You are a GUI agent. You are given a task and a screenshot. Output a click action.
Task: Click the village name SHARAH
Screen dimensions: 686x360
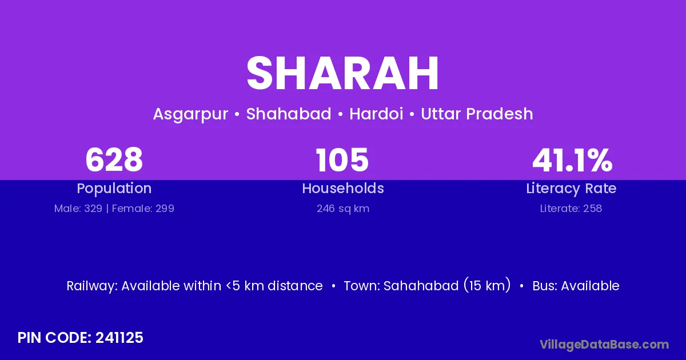pos(342,73)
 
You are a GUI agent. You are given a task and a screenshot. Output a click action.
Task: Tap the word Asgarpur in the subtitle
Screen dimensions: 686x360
pos(190,114)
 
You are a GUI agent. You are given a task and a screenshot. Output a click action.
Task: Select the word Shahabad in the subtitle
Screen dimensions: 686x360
pos(289,114)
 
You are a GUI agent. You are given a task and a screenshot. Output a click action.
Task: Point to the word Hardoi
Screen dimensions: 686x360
pos(376,114)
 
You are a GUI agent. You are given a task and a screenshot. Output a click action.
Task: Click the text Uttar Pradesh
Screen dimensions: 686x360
pos(477,114)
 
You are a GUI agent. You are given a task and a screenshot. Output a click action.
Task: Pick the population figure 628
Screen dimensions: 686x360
pos(114,160)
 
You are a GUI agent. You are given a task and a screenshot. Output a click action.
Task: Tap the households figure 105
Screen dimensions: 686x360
pos(342,160)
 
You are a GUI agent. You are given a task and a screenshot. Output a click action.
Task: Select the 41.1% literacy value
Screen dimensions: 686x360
pos(572,160)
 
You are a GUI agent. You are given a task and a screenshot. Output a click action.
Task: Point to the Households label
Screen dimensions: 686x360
pos(343,188)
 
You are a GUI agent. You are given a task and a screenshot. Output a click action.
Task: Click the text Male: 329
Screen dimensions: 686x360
pos(78,209)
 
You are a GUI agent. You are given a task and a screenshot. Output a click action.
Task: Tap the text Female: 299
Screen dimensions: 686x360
pos(143,209)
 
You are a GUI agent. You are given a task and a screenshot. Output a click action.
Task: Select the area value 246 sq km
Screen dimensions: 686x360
pos(343,209)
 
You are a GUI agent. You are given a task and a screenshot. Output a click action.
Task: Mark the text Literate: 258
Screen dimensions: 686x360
pos(571,209)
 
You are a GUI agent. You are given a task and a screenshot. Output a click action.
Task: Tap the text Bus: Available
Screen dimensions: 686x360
pos(576,286)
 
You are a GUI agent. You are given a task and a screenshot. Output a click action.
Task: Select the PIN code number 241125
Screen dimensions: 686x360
pos(119,338)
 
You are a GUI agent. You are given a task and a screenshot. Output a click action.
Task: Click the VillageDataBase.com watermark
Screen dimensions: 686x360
pos(604,345)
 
